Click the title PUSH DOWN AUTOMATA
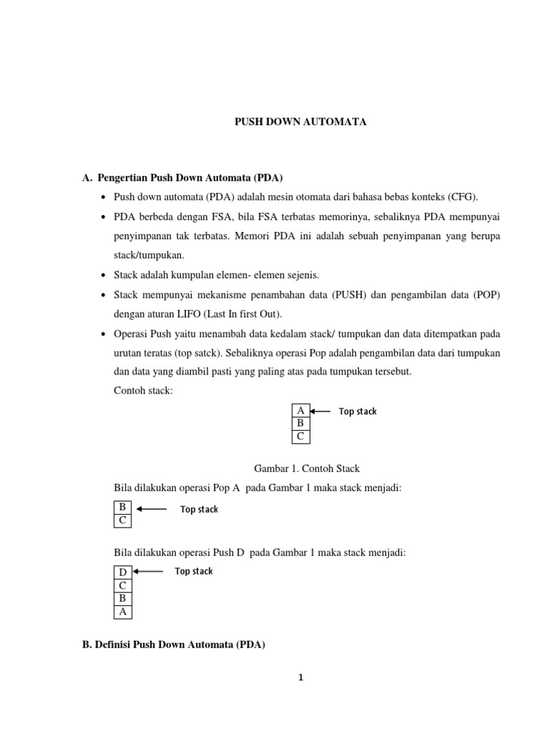click(x=301, y=122)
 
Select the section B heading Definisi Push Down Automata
click(x=174, y=645)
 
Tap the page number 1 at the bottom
click(x=301, y=677)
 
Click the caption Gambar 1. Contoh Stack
click(x=307, y=468)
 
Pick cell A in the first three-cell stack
click(x=301, y=411)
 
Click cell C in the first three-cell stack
click(x=301, y=436)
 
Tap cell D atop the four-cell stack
click(x=123, y=572)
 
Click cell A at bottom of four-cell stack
click(x=123, y=611)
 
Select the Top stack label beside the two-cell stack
click(x=199, y=509)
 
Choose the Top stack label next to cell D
click(x=194, y=571)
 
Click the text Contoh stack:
click(x=143, y=391)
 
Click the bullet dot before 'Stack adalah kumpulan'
click(x=104, y=275)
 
